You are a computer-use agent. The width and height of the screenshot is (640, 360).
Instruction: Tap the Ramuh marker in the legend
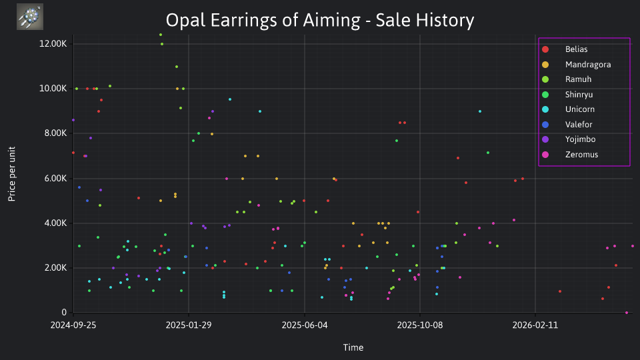545,79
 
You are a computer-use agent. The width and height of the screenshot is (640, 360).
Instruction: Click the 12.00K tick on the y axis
53,44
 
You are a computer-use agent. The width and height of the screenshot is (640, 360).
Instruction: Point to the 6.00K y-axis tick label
55,179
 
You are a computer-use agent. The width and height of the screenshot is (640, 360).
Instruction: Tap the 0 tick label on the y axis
64,312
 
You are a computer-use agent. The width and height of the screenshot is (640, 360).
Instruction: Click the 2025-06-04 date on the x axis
305,325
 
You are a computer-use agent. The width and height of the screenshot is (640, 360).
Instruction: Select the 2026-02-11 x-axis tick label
535,325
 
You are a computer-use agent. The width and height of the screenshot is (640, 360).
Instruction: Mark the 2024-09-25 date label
73,325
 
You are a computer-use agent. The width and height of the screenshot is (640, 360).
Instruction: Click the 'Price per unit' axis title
12,174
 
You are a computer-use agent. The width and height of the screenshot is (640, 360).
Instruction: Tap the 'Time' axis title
353,347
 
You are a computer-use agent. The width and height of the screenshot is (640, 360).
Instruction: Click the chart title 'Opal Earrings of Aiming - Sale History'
320,20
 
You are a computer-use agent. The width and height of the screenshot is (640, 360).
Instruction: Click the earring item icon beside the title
30,17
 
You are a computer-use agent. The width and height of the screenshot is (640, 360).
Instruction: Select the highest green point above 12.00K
161,35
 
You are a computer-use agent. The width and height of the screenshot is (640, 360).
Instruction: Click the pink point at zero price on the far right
627,313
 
